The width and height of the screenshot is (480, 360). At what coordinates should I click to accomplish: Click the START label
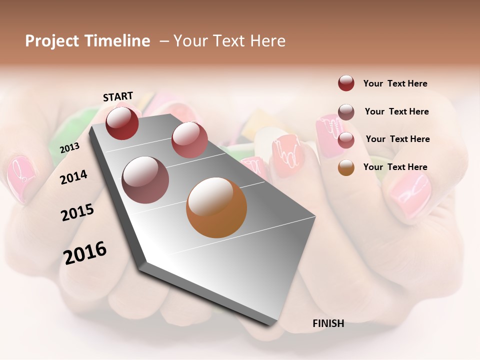[x=118, y=96]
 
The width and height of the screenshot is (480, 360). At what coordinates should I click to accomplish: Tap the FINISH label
[x=328, y=323]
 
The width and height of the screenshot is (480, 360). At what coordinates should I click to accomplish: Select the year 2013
[x=69, y=147]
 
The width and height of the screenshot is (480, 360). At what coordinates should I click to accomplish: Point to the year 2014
[x=73, y=177]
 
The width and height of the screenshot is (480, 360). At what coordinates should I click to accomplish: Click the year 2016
[x=85, y=253]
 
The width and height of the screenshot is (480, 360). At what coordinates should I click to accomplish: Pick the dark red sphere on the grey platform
[x=122, y=123]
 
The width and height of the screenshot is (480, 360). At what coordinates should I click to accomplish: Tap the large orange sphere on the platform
[x=216, y=207]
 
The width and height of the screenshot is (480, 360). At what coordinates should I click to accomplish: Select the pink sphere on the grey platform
[x=189, y=140]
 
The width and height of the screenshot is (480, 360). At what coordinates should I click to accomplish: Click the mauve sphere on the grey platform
[x=145, y=180]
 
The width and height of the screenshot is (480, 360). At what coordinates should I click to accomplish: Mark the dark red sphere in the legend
[x=346, y=83]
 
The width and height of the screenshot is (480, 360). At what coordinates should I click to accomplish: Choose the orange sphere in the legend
[x=346, y=167]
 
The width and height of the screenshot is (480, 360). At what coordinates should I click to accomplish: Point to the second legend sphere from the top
[x=346, y=112]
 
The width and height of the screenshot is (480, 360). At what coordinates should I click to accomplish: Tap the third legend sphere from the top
[x=346, y=140]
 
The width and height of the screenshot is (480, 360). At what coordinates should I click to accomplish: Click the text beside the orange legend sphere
[x=395, y=167]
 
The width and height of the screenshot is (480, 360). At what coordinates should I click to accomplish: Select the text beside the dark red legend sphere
[x=395, y=83]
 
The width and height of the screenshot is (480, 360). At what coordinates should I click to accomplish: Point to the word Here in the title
[x=268, y=41]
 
